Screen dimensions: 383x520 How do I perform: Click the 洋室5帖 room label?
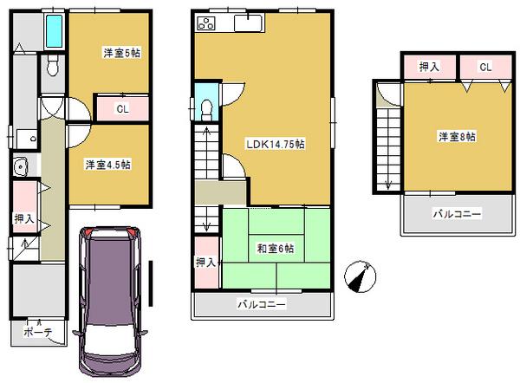click(122, 54)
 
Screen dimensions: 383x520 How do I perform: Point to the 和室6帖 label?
click(275, 249)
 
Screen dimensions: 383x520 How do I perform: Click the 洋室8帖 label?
click(457, 136)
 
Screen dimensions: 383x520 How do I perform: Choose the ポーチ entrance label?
click(37, 332)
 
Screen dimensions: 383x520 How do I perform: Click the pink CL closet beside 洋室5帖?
click(122, 108)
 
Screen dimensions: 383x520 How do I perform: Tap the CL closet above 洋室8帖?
click(484, 67)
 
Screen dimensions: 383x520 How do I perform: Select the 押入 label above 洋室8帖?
click(429, 67)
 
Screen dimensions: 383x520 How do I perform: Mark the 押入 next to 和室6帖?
click(205, 263)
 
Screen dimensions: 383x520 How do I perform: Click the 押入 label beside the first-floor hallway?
click(23, 219)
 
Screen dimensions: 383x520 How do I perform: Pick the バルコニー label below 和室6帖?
click(262, 305)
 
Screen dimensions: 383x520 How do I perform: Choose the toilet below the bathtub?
click(53, 67)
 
